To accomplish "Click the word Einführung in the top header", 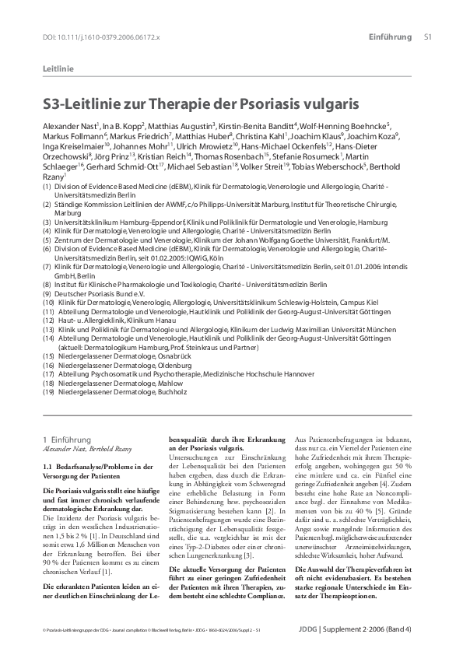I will pyautogui.click(x=390, y=37).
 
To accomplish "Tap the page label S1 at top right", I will pyautogui.click(x=427, y=37).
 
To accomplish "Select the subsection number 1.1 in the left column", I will pyautogui.click(x=47, y=466).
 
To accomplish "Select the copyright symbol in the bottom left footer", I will pyautogui.click(x=44, y=629).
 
